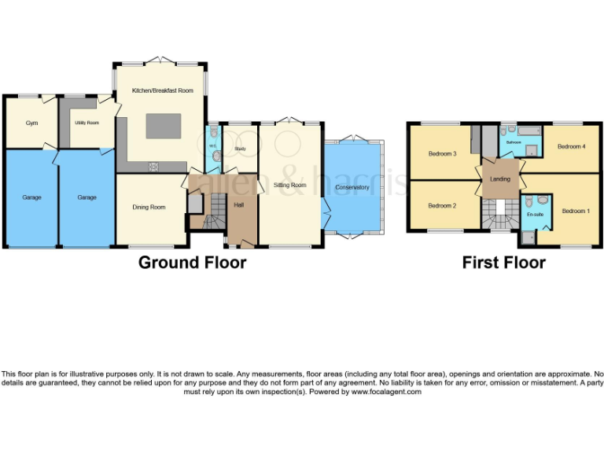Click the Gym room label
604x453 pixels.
31,123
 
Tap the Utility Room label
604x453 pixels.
87,123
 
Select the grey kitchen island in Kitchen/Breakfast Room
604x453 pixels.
162,127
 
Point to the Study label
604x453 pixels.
240,148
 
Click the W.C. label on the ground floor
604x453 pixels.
212,146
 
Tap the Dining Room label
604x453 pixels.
149,207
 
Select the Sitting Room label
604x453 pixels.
289,185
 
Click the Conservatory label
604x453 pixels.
352,187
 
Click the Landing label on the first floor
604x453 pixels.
499,179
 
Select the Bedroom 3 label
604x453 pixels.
442,153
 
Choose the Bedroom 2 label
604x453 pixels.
442,206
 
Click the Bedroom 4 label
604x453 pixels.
571,146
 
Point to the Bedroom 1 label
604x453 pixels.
575,211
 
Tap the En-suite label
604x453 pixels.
535,214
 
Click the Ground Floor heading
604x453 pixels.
192,262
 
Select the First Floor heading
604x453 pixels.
503,262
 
